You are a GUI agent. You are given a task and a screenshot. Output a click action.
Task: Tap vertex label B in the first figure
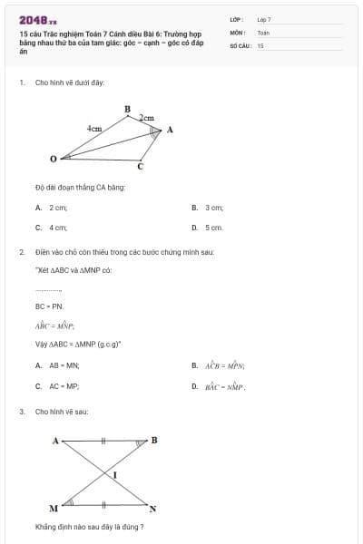127,109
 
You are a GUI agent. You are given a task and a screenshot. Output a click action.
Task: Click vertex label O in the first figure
53,159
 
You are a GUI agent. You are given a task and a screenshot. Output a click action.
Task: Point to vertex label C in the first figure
140,167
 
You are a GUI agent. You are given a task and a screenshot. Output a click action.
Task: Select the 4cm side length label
93,129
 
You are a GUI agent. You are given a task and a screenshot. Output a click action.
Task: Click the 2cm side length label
146,118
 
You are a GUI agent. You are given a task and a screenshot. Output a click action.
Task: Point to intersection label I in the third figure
115,474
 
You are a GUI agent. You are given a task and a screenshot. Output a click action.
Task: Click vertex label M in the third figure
53,509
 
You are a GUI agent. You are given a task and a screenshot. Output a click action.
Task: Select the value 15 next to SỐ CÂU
260,44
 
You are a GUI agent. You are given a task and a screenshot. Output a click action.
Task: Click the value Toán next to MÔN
263,32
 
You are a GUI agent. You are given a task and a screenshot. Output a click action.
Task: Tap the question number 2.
21,251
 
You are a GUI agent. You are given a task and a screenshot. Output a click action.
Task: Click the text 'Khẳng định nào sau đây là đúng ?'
89,527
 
